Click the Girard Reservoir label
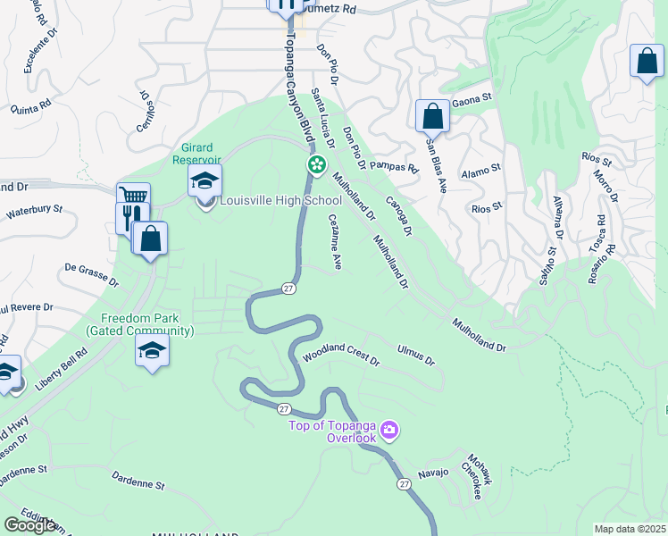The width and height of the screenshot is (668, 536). (196, 154)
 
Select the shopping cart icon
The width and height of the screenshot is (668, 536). (133, 197)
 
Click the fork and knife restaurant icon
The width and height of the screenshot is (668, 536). (129, 217)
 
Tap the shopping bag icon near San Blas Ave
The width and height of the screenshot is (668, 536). (432, 116)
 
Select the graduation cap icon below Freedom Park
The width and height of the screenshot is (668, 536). (152, 350)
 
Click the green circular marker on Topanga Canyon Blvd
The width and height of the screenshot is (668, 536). (315, 165)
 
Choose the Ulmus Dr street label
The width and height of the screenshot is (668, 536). (416, 355)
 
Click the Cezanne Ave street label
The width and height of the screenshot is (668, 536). (336, 241)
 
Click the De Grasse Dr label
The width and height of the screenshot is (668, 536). (92, 272)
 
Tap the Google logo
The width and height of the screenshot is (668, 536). (29, 525)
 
